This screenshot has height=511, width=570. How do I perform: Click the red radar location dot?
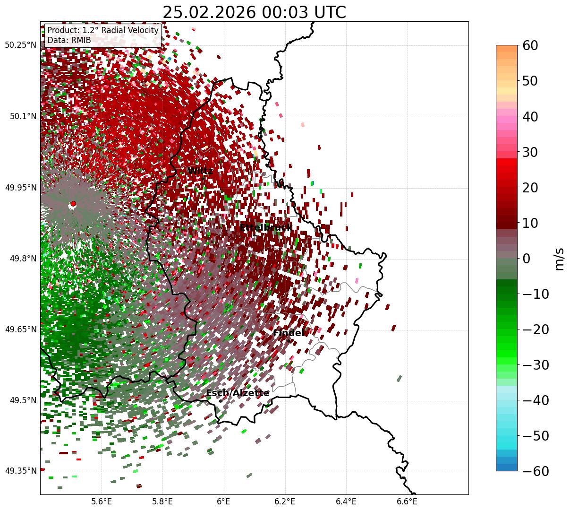73,204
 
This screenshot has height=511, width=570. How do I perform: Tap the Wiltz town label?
200,171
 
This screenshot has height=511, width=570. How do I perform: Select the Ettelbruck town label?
265,228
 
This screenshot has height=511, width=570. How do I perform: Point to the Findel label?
288,333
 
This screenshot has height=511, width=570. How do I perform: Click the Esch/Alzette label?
238,393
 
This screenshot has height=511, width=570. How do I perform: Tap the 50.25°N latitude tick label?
20,45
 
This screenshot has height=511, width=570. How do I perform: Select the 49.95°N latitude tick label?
20,188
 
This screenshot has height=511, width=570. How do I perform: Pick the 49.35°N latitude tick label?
20,471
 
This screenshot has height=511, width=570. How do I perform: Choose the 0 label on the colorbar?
526,259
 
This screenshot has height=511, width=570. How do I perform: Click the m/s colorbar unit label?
560,259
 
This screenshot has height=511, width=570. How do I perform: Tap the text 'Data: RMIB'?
69,40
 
